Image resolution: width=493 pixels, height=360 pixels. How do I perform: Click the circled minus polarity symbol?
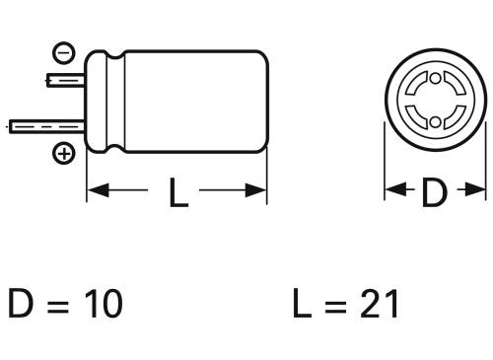point(61,50)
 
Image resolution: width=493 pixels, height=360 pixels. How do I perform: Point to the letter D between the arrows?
point(434,192)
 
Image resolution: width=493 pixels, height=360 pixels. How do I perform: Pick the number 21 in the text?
point(379,304)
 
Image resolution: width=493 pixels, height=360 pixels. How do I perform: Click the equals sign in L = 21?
point(338,305)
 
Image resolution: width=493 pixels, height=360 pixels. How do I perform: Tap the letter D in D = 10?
point(22,304)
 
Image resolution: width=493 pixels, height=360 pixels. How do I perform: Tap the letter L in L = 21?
point(302,304)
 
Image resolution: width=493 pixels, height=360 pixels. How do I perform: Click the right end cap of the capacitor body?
point(262,103)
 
